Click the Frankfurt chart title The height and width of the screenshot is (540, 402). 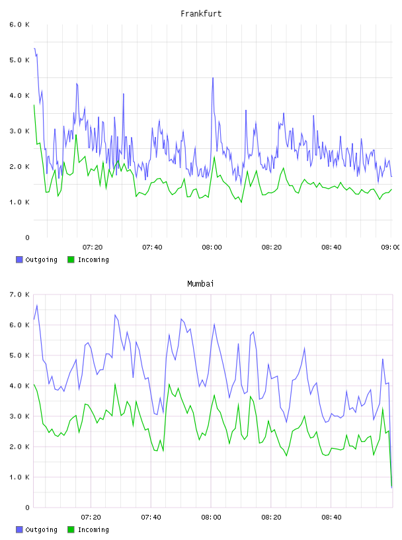[201, 13]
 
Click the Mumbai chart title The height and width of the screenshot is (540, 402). [200, 283]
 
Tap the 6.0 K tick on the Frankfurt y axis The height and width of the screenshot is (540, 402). [19, 24]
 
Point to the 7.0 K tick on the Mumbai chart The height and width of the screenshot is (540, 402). [19, 294]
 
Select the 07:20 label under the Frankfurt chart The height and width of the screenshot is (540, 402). [93, 247]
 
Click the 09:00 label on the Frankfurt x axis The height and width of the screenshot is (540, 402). [391, 247]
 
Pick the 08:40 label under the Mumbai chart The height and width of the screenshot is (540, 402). [331, 517]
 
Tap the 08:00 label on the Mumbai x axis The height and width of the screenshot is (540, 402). [212, 517]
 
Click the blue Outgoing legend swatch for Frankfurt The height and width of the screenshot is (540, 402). [19, 259]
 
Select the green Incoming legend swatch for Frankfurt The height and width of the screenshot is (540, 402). [71, 259]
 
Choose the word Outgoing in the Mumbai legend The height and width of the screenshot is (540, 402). [41, 529]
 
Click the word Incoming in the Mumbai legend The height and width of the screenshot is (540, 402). [93, 529]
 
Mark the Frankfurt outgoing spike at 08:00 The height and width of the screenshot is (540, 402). [213, 78]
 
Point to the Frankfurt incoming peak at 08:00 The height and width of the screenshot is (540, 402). [214, 157]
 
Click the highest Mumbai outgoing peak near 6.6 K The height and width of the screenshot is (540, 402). [37, 305]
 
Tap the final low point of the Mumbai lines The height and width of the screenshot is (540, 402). [391, 487]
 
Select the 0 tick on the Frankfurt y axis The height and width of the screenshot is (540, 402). [27, 238]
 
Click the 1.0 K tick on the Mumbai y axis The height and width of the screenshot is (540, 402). [19, 477]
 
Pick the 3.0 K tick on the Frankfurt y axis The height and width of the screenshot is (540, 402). [19, 131]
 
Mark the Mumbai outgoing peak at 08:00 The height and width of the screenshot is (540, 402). [214, 324]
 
